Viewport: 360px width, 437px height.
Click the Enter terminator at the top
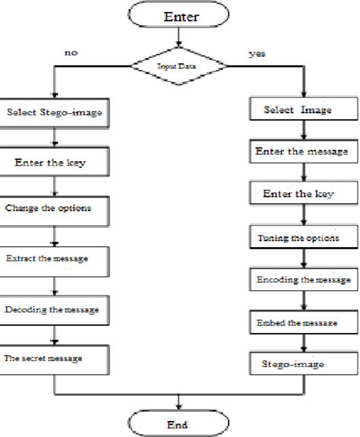[178, 15]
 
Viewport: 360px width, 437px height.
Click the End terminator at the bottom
[178, 423]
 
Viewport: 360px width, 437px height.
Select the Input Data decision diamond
[178, 67]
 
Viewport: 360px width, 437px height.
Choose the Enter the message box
[301, 152]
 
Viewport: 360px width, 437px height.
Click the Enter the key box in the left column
[55, 161]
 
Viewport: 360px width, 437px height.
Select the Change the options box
[55, 207]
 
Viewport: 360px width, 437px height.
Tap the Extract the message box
[55, 260]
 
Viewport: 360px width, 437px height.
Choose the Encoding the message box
[301, 280]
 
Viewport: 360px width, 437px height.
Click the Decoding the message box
[55, 309]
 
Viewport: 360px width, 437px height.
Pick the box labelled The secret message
[55, 357]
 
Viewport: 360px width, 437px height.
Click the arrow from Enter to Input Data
[178, 39]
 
